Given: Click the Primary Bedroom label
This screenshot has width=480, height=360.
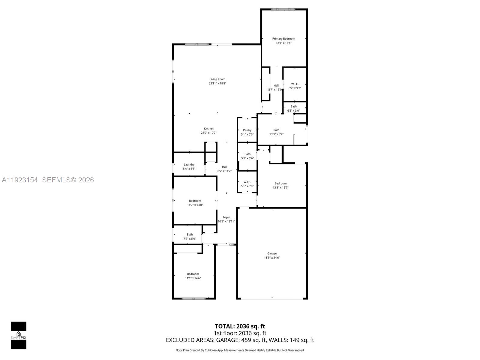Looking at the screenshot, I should (283, 39).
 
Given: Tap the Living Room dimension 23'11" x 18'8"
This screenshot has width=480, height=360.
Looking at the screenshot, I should (217, 83).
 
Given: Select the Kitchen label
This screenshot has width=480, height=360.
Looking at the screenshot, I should (209, 129).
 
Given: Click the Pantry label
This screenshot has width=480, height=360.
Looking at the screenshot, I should (247, 130).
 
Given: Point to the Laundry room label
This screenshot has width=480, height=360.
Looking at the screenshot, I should (189, 165).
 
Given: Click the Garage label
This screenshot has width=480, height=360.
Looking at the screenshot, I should (272, 253).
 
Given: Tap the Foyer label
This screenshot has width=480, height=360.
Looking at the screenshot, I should (226, 217).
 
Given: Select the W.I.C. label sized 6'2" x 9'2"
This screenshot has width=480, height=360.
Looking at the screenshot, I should (295, 84).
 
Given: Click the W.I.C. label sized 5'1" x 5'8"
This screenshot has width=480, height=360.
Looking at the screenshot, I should (247, 182).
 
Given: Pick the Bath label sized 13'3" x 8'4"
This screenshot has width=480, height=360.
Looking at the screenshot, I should (276, 130).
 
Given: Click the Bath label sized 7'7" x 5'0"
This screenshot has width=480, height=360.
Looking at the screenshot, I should (190, 235).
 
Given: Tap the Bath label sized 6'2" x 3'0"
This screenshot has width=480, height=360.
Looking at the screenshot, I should (293, 106).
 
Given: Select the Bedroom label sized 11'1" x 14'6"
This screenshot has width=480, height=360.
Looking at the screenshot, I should (193, 274).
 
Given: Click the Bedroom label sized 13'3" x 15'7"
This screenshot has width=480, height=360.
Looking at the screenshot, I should (280, 183).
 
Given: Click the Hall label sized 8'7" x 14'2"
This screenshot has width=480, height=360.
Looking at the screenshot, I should (224, 167).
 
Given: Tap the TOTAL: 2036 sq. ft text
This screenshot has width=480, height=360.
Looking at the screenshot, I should (240, 326).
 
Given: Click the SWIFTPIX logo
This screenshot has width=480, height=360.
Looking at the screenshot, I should (19, 335).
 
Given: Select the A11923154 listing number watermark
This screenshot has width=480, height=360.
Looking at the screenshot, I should (20, 180).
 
